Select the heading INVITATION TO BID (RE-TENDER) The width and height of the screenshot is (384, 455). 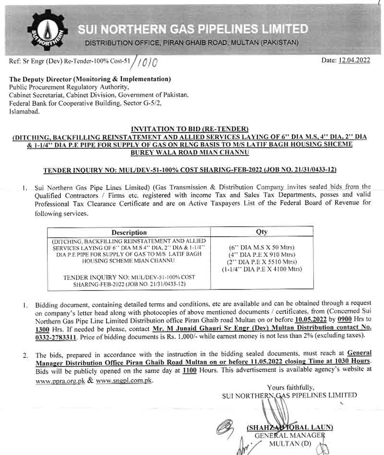(189, 129)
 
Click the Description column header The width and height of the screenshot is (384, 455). (129, 232)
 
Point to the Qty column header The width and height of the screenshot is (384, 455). (262, 232)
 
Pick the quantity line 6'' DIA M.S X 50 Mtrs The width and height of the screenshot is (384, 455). (262, 248)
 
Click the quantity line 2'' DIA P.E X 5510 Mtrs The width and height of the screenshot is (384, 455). (262, 262)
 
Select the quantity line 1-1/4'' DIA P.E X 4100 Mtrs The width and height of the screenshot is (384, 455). (262, 269)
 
